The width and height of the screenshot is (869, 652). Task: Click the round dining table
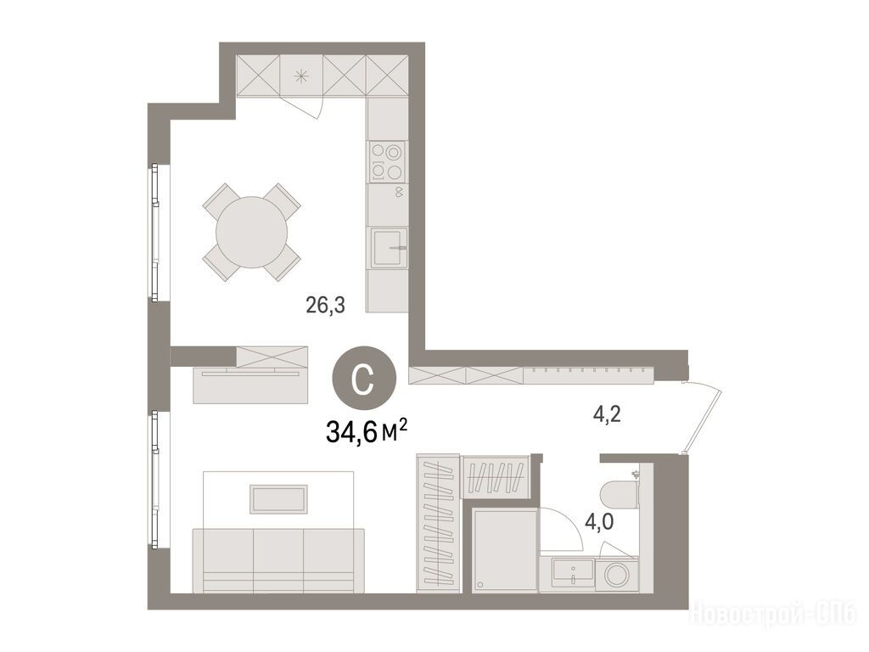(x=251, y=233)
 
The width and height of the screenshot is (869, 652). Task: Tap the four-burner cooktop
(x=386, y=161)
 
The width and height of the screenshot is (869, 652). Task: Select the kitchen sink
(x=389, y=247)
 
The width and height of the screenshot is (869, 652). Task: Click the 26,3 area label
(x=325, y=305)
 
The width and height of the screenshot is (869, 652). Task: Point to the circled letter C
(x=364, y=378)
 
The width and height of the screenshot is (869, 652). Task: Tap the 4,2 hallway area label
(x=607, y=414)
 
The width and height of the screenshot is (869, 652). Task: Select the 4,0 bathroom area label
(x=600, y=522)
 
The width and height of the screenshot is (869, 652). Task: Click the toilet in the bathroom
(x=619, y=495)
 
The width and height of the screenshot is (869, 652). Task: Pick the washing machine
(x=617, y=575)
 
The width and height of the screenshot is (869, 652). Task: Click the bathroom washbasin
(x=573, y=575)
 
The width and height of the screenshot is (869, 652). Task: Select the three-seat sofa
(x=278, y=560)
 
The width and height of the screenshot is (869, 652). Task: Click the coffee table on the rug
(x=278, y=499)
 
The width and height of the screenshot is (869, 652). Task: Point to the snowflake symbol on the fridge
(x=301, y=76)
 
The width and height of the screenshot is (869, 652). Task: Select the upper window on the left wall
(x=155, y=233)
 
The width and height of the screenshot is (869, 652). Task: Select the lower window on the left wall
(x=155, y=481)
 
